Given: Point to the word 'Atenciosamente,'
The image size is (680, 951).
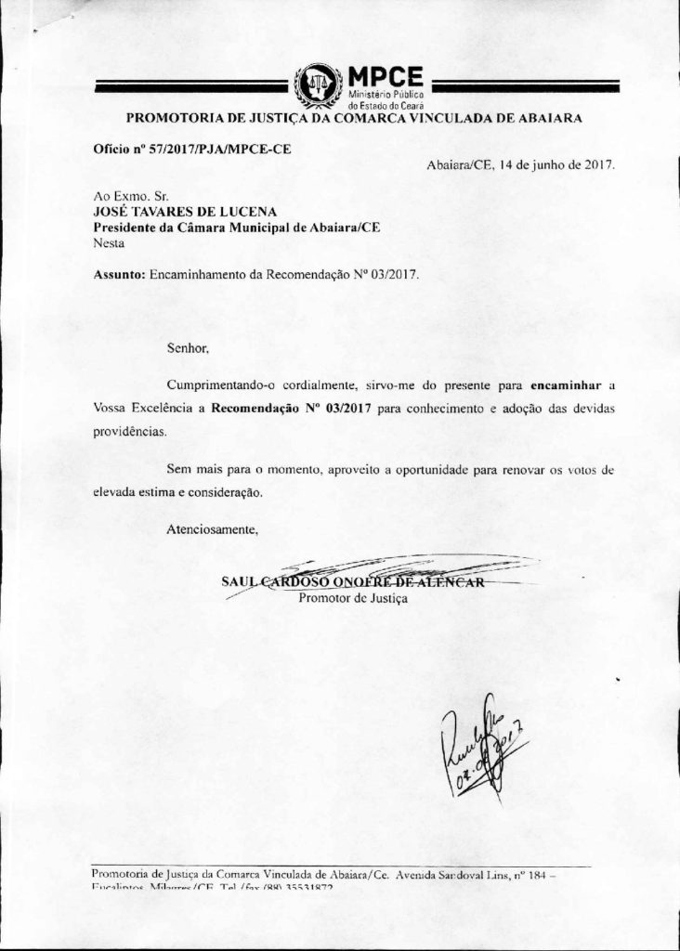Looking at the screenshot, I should tap(212, 529).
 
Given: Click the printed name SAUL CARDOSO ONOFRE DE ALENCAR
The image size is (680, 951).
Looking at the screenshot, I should tap(353, 582).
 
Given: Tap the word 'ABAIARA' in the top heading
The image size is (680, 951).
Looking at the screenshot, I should tap(544, 118).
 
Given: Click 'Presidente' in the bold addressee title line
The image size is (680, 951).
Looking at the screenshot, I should tap(127, 228).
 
